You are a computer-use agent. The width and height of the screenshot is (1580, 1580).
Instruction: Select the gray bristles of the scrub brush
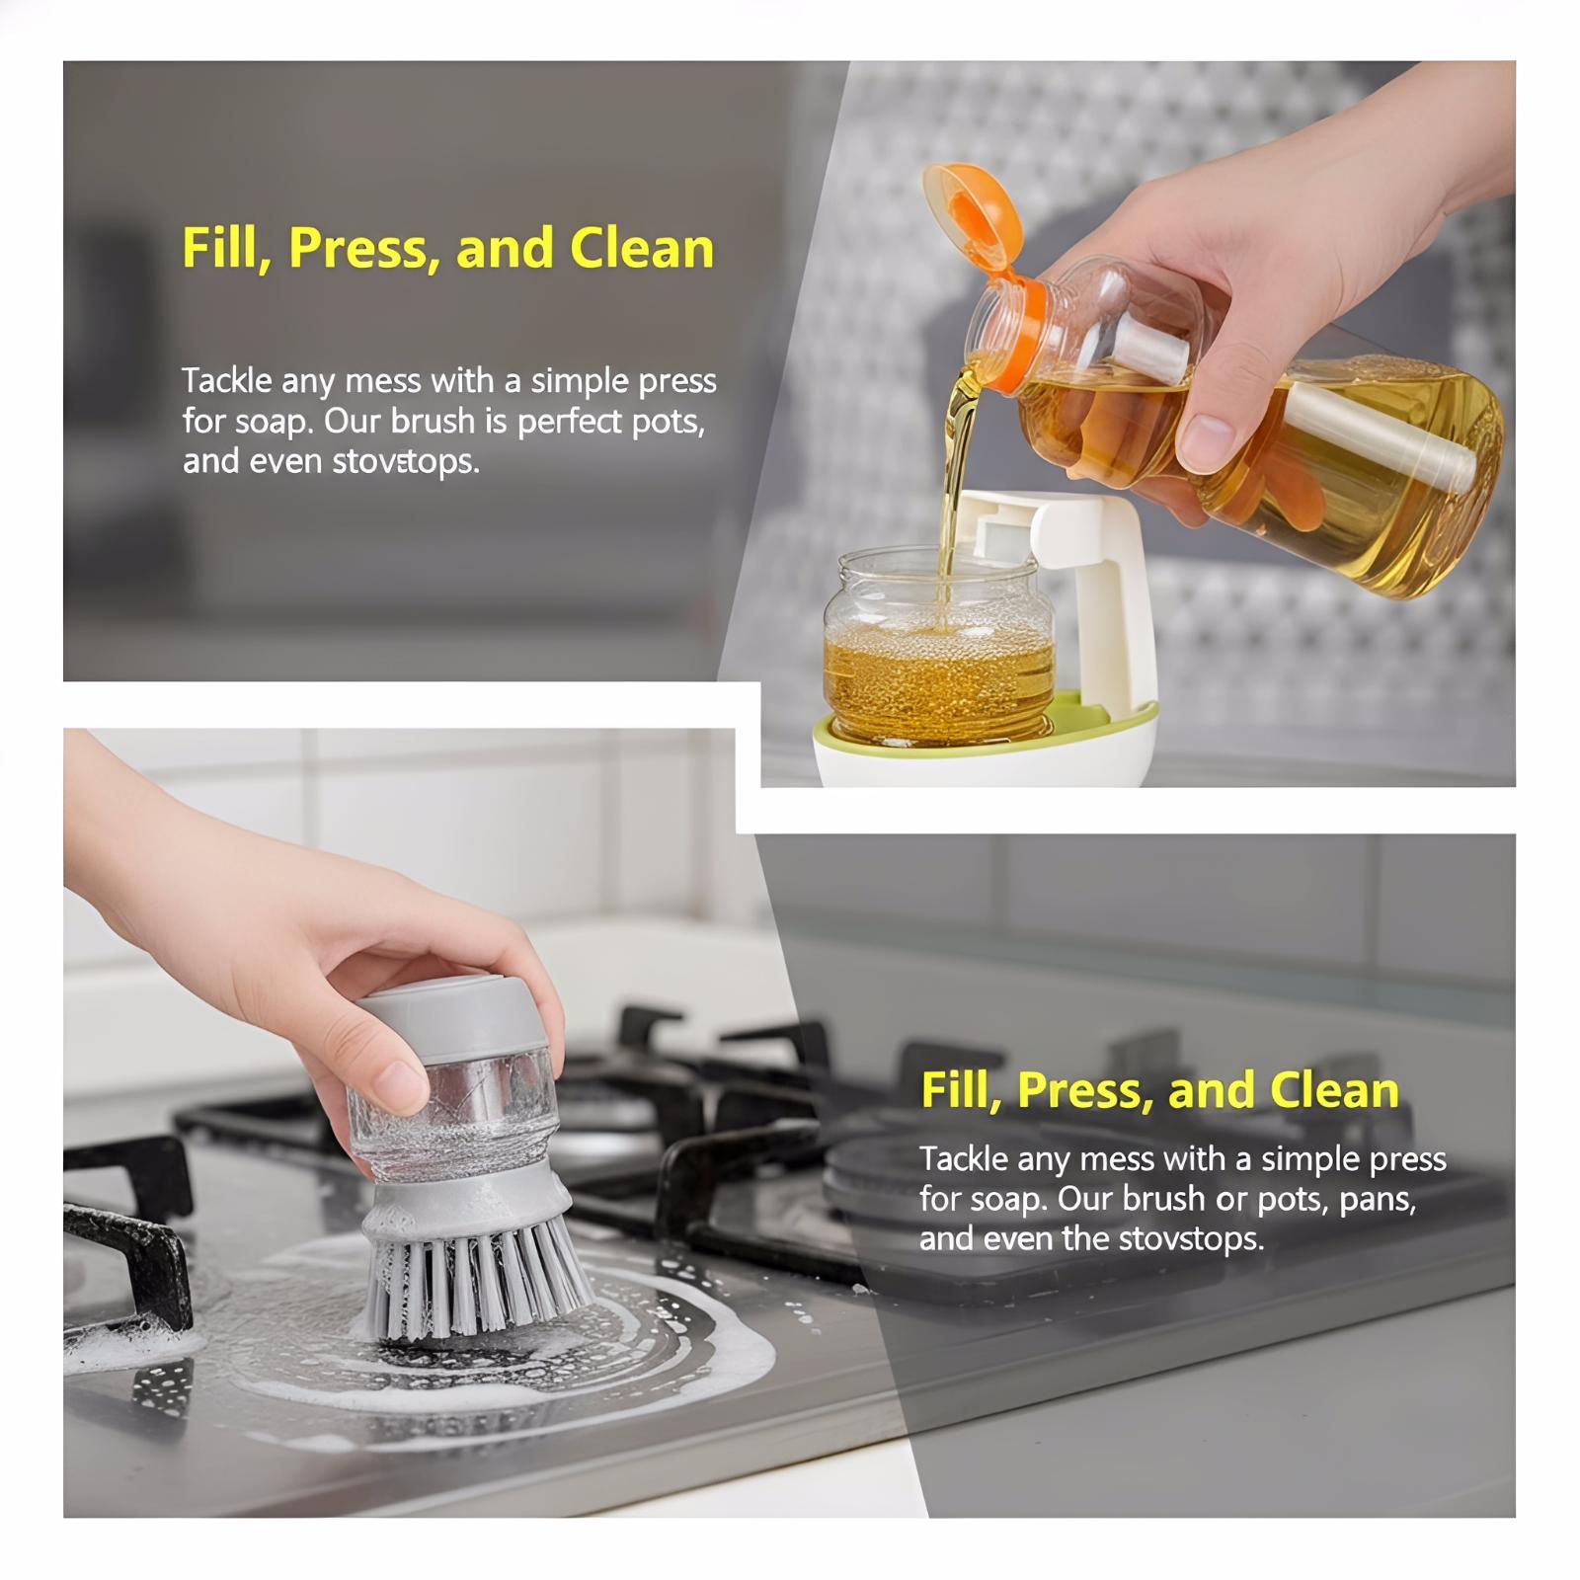coord(474,1279)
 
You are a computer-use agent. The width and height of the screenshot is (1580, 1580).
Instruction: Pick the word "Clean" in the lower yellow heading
coord(1334,1091)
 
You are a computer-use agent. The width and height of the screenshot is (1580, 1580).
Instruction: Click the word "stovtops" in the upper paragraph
coord(405,461)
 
